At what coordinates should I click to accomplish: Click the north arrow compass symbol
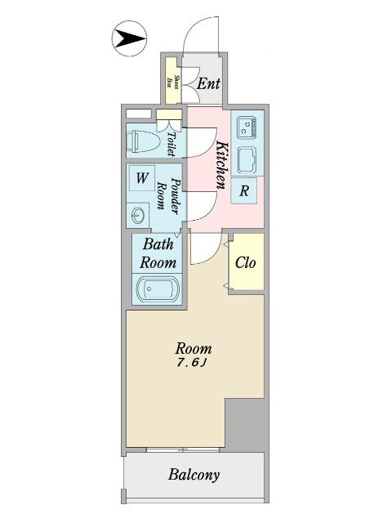[x=127, y=38]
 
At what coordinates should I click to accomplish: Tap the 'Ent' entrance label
[x=209, y=83]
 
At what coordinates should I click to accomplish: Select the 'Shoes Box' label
[x=172, y=80]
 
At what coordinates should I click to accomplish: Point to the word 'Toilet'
[x=171, y=143]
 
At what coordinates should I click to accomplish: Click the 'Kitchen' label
[x=220, y=166]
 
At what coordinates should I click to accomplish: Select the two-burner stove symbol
[x=247, y=127]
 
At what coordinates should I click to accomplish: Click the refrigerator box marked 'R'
[x=244, y=191]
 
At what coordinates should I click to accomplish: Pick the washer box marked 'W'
[x=141, y=178]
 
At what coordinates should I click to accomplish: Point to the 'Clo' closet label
[x=246, y=262]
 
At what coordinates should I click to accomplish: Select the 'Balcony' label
[x=194, y=474]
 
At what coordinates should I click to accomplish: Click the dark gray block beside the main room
[x=244, y=425]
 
